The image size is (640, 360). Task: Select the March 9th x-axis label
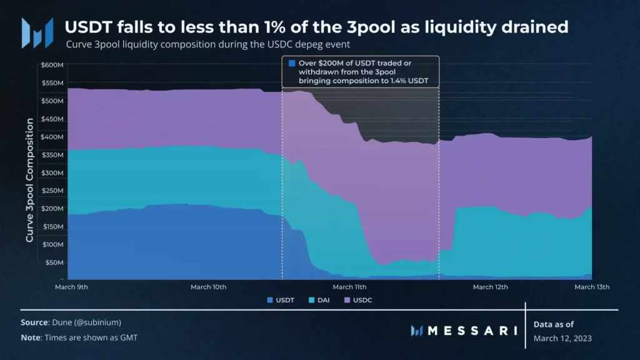(x=71, y=287)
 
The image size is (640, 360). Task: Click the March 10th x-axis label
(x=209, y=287)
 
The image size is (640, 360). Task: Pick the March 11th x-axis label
(x=350, y=287)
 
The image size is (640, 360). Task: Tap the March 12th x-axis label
(x=490, y=287)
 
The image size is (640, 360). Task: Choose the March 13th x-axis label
(x=591, y=287)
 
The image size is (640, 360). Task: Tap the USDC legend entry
(x=365, y=300)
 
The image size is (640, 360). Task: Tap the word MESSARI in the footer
(x=472, y=330)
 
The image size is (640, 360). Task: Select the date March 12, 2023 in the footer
(x=562, y=337)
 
